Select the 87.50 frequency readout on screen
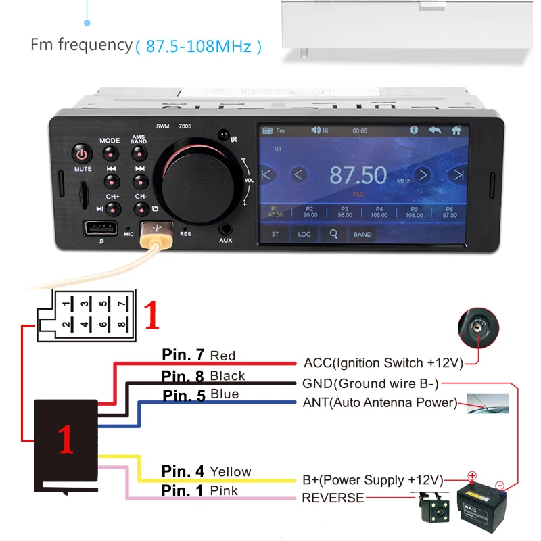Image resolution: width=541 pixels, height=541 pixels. (358, 176)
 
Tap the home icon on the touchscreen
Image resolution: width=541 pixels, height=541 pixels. (456, 131)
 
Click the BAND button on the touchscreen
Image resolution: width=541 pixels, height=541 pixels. (362, 235)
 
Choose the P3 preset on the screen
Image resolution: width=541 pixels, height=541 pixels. (345, 212)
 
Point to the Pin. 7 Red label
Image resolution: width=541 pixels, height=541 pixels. (198, 355)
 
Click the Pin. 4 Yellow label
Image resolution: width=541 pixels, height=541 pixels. (206, 471)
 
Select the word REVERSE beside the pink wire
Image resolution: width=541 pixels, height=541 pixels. (333, 498)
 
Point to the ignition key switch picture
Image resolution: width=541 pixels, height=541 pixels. (479, 329)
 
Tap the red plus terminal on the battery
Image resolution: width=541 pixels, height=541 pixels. (472, 476)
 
